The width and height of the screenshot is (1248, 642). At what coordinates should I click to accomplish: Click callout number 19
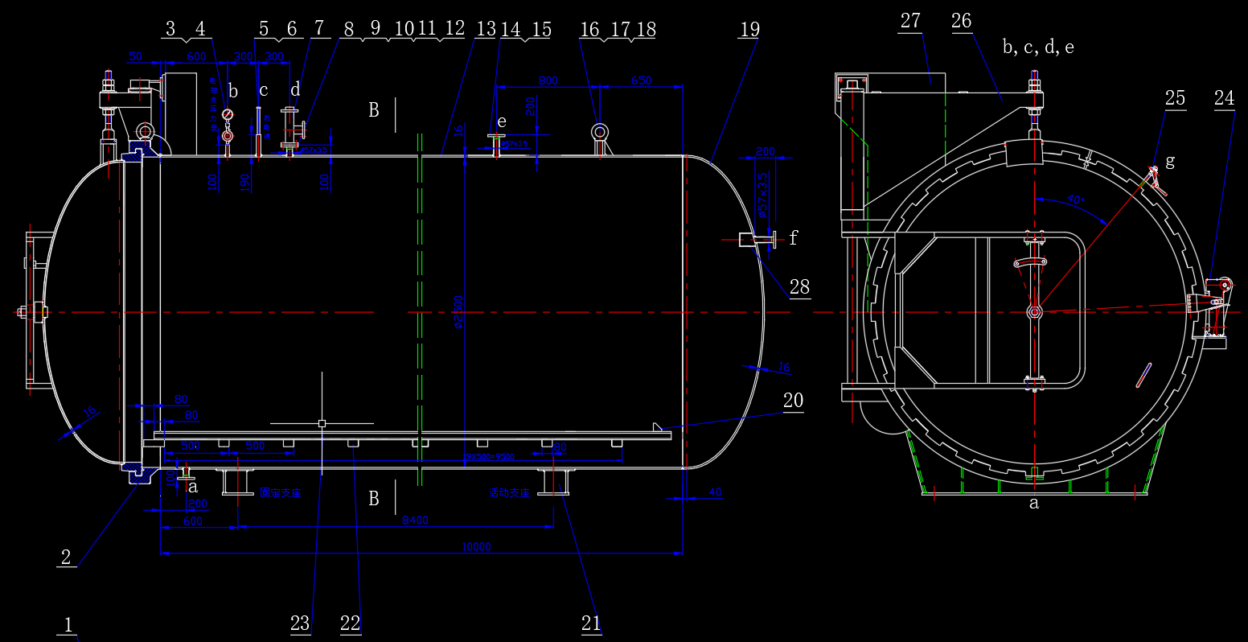(x=749, y=29)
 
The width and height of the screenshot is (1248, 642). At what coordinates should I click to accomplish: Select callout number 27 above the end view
(x=910, y=21)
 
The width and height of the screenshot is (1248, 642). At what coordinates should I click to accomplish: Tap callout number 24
(x=1224, y=98)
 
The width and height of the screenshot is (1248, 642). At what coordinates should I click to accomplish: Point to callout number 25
(x=1175, y=98)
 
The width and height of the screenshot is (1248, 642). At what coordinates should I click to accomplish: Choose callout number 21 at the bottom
(x=591, y=623)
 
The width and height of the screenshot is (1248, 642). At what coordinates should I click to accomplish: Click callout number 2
(x=66, y=557)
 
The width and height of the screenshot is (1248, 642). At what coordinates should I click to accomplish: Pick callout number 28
(x=799, y=287)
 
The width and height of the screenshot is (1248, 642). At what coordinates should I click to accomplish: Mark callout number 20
(x=793, y=401)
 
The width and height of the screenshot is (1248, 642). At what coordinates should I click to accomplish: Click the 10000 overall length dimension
(x=476, y=547)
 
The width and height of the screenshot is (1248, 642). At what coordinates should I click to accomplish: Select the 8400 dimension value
(x=415, y=521)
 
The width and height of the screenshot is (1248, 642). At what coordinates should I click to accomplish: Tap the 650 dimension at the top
(x=642, y=80)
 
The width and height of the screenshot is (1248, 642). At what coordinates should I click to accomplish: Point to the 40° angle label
(x=1075, y=199)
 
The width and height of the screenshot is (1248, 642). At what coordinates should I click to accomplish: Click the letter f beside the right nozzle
(x=794, y=237)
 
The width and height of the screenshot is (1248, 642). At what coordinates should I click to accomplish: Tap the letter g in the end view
(x=1169, y=161)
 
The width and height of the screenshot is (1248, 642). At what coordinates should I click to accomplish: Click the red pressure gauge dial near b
(x=227, y=114)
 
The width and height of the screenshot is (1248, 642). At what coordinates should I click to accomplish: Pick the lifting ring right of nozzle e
(x=600, y=132)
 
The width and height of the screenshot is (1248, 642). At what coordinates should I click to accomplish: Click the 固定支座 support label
(x=281, y=492)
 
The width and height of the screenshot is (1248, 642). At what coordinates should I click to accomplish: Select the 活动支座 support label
(x=510, y=492)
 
